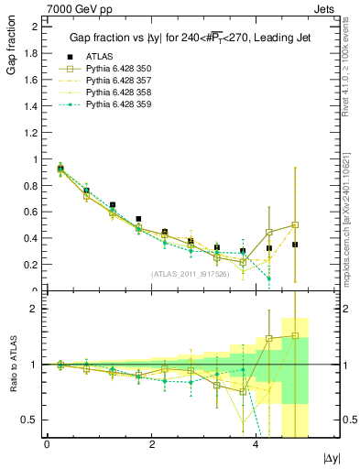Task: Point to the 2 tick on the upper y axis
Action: (x=34, y=27)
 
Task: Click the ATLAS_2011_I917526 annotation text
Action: (x=191, y=274)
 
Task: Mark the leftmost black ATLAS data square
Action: (x=60, y=169)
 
